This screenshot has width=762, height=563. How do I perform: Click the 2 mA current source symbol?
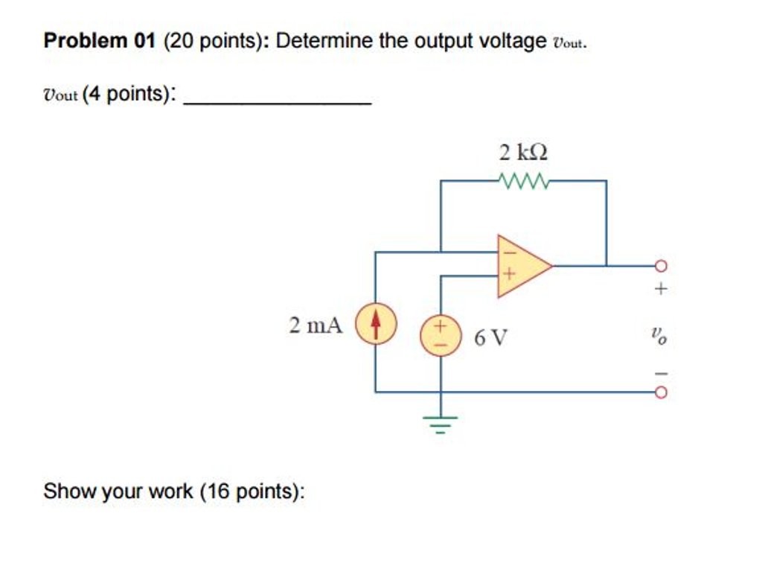click(375, 325)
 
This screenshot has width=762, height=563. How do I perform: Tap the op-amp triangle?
click(521, 266)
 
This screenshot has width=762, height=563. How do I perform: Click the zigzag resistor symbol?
click(523, 180)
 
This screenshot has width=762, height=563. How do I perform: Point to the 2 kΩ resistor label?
click(523, 153)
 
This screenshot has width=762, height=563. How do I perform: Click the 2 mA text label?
click(316, 325)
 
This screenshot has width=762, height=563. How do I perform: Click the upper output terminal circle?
click(659, 266)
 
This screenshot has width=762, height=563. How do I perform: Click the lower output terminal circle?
click(659, 391)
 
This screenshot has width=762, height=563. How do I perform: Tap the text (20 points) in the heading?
click(213, 41)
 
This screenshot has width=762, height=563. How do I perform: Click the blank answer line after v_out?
click(277, 102)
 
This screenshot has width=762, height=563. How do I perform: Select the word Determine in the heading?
click(324, 41)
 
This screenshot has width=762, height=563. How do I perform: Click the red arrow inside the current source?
click(375, 323)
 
